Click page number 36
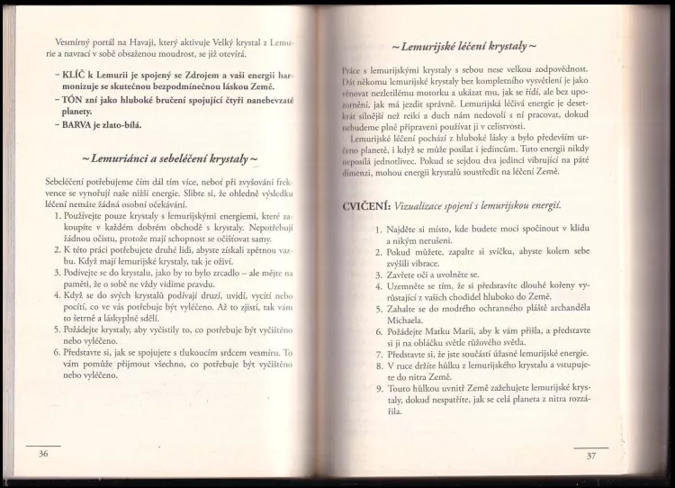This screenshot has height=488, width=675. pyautogui.click(x=42, y=453)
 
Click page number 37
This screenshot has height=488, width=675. pyautogui.click(x=590, y=456)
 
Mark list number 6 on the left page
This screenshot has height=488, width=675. pyautogui.click(x=59, y=354)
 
